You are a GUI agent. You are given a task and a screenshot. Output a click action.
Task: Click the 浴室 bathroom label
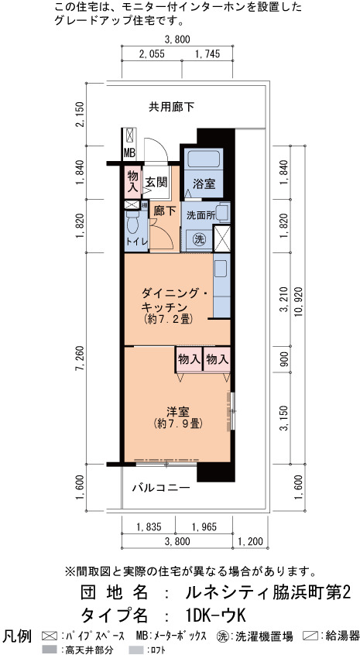click(204, 183)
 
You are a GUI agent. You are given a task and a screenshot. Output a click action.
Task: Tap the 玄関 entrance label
click(156, 182)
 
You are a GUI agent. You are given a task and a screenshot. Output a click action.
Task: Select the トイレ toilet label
click(136, 241)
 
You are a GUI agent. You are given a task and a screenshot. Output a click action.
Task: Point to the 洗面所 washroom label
click(201, 215)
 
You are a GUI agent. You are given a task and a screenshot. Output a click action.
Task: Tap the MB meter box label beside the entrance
click(129, 153)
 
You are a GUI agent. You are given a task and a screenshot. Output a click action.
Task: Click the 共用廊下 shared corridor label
click(172, 107)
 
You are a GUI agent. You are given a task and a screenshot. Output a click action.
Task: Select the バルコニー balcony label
click(162, 488)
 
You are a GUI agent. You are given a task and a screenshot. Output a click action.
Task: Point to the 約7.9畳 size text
click(178, 424)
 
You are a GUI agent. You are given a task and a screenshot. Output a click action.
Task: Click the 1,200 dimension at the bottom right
click(250, 542)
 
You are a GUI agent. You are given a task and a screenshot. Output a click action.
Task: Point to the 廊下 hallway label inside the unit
click(165, 211)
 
